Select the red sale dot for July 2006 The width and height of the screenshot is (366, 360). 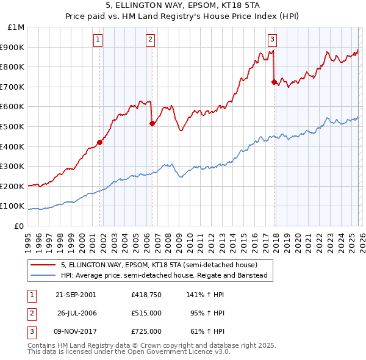(x=152, y=123)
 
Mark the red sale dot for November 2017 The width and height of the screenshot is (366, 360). (x=274, y=82)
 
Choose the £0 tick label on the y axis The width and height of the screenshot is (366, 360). (x=19, y=226)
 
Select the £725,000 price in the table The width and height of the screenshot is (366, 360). (x=146, y=331)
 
